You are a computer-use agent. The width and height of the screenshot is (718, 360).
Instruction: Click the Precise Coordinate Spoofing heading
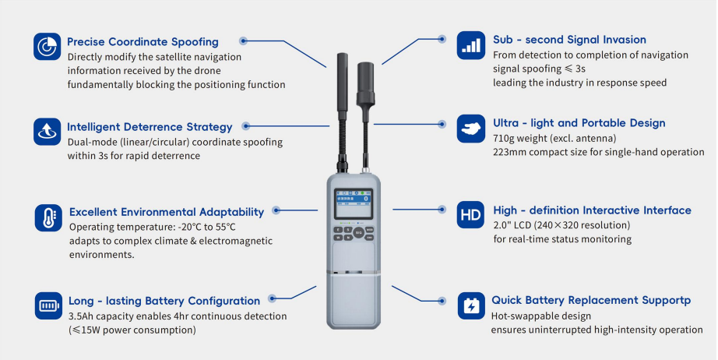pyautogui.click(x=143, y=41)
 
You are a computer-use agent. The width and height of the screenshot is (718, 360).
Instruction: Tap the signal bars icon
pyautogui.click(x=470, y=45)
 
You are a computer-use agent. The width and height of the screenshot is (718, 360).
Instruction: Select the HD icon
pyautogui.click(x=470, y=215)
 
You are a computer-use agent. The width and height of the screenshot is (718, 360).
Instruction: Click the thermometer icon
pyautogui.click(x=48, y=218)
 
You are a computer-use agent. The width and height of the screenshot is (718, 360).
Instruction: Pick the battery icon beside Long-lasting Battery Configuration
pyautogui.click(x=48, y=305)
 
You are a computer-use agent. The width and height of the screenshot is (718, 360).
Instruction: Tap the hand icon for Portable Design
pyautogui.click(x=470, y=129)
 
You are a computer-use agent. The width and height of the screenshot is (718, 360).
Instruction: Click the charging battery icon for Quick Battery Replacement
pyautogui.click(x=471, y=305)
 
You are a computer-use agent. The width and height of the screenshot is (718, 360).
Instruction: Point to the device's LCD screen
pyautogui.click(x=353, y=203)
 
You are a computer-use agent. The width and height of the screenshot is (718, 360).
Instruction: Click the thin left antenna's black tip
pyautogui.click(x=343, y=82)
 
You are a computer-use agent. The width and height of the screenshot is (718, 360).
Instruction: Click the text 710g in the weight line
pyautogui.click(x=503, y=139)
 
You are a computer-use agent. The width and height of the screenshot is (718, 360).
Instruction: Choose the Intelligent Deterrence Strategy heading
pyautogui.click(x=150, y=127)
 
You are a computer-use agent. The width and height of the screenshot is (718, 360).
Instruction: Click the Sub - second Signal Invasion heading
pyautogui.click(x=569, y=40)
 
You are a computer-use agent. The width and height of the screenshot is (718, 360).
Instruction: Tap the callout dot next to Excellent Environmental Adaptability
pyautogui.click(x=276, y=210)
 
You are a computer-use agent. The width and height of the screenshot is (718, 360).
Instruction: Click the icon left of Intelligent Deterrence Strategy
pyautogui.click(x=48, y=132)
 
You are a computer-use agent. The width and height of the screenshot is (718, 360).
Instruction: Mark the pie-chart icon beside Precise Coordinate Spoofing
pyautogui.click(x=48, y=46)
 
